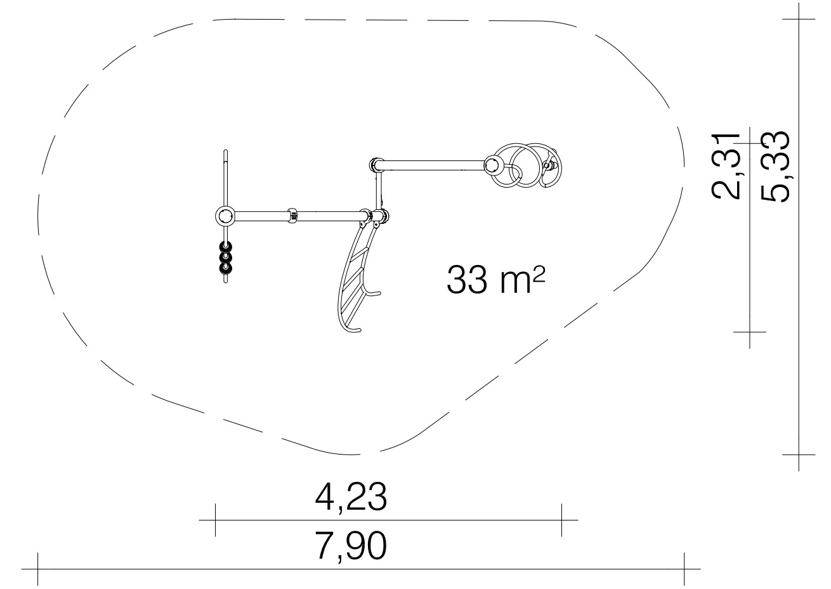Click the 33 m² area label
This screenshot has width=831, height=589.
click(495, 280)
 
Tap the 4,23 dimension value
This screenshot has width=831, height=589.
click(351, 496)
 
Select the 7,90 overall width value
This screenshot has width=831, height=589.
click(351, 546)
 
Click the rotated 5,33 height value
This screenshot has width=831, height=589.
click(775, 167)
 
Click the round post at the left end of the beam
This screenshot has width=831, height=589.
click(225, 216)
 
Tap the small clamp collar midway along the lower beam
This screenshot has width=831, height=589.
click(292, 216)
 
